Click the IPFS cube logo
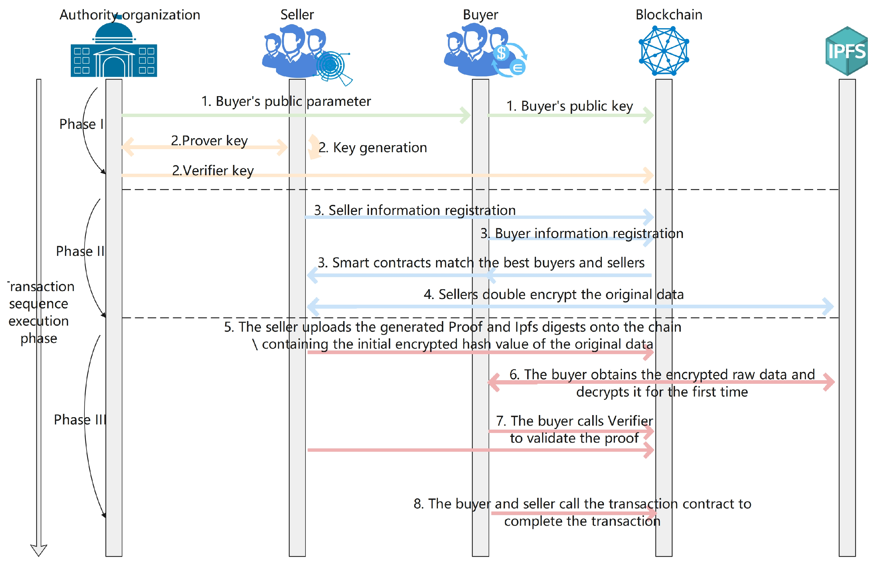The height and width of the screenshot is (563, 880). [x=846, y=51]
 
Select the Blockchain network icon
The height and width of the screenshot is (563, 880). [x=664, y=51]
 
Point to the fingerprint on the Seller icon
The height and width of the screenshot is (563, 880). [x=331, y=66]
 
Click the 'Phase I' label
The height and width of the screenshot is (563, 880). [x=81, y=124]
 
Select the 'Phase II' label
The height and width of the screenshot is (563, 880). [x=80, y=251]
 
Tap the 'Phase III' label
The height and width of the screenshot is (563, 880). [x=80, y=419]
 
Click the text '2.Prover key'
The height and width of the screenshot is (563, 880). [x=210, y=141]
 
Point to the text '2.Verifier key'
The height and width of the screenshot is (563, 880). [x=213, y=171]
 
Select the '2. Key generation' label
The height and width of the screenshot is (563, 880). [x=373, y=148]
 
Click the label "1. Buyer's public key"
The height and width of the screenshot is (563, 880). [x=570, y=106]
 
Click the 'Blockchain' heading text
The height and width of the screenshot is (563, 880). [x=669, y=15]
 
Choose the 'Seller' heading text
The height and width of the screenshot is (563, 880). [x=297, y=15]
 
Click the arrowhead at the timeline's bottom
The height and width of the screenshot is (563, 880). [x=39, y=550]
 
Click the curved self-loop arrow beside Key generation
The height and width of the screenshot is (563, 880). [x=313, y=147]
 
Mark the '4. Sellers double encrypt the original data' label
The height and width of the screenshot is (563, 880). [x=554, y=294]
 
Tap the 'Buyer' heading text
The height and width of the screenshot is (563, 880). [x=480, y=15]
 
